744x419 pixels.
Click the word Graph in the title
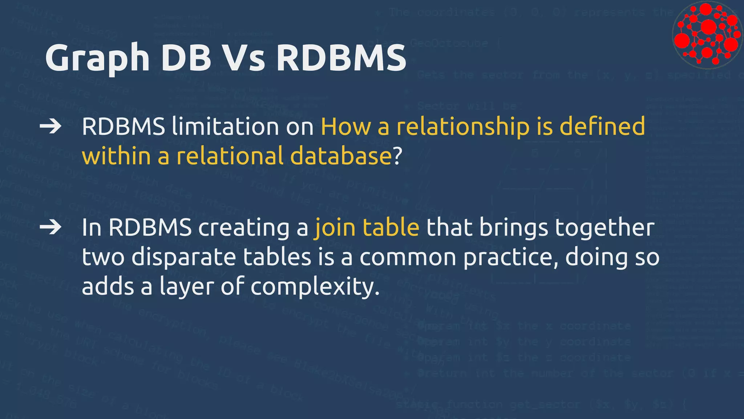tap(97, 58)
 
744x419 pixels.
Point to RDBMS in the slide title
tap(341, 57)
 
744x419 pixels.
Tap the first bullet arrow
tap(50, 127)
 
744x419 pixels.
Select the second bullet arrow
tap(50, 227)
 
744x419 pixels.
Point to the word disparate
tap(184, 257)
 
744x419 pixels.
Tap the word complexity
tap(315, 287)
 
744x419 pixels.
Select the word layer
tap(186, 287)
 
